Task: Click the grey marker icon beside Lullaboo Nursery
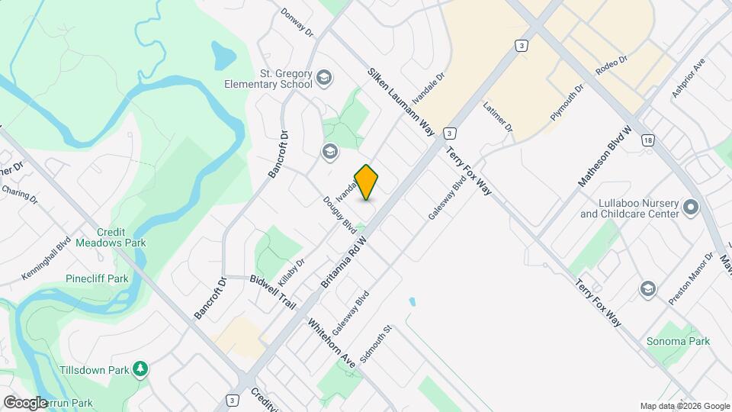tap(692, 208)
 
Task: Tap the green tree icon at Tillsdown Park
tap(140, 370)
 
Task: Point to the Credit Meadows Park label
tap(122, 237)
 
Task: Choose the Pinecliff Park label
tap(97, 279)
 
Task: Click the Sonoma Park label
tap(678, 342)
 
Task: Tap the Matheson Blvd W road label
tap(605, 156)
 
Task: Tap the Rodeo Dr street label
tap(612, 65)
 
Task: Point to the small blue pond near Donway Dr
tap(223, 53)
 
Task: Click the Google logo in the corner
tap(25, 403)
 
